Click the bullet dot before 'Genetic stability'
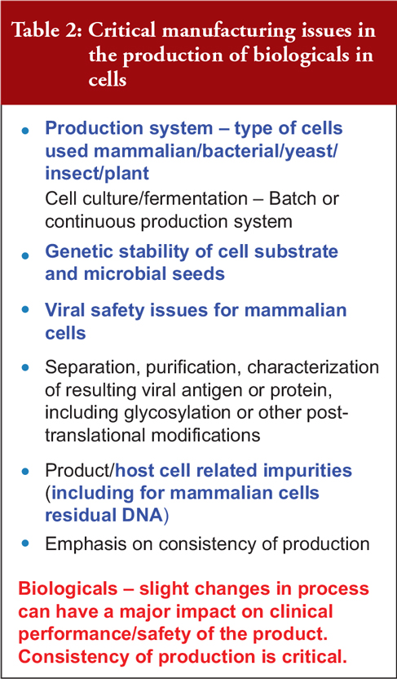pos(26,255)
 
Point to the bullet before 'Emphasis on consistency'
pos(26,542)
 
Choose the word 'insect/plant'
pos(97,174)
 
